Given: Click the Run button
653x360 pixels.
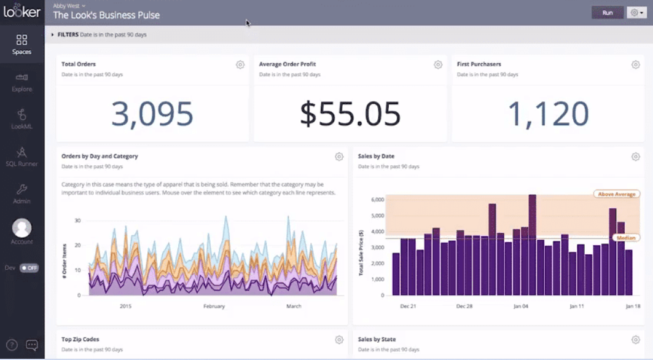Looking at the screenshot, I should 607,12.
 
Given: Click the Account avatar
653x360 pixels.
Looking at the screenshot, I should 22,228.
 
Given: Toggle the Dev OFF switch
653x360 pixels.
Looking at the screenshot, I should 29,268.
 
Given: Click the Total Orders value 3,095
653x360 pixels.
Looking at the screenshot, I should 152,114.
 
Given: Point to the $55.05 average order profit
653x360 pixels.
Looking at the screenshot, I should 350,114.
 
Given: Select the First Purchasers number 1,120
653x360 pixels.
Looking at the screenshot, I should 548,114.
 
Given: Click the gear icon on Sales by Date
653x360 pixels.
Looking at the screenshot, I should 636,157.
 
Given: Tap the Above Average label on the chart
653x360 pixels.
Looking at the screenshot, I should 617,194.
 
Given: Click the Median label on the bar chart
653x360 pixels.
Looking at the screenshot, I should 626,238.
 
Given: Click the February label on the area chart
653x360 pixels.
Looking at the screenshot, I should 214,306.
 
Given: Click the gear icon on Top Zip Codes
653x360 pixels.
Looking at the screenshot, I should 339,340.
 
